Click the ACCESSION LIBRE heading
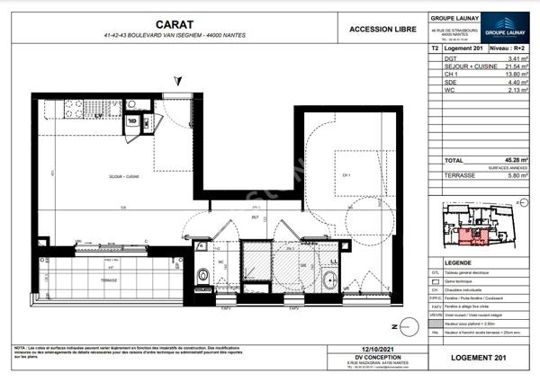pos(382,30)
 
